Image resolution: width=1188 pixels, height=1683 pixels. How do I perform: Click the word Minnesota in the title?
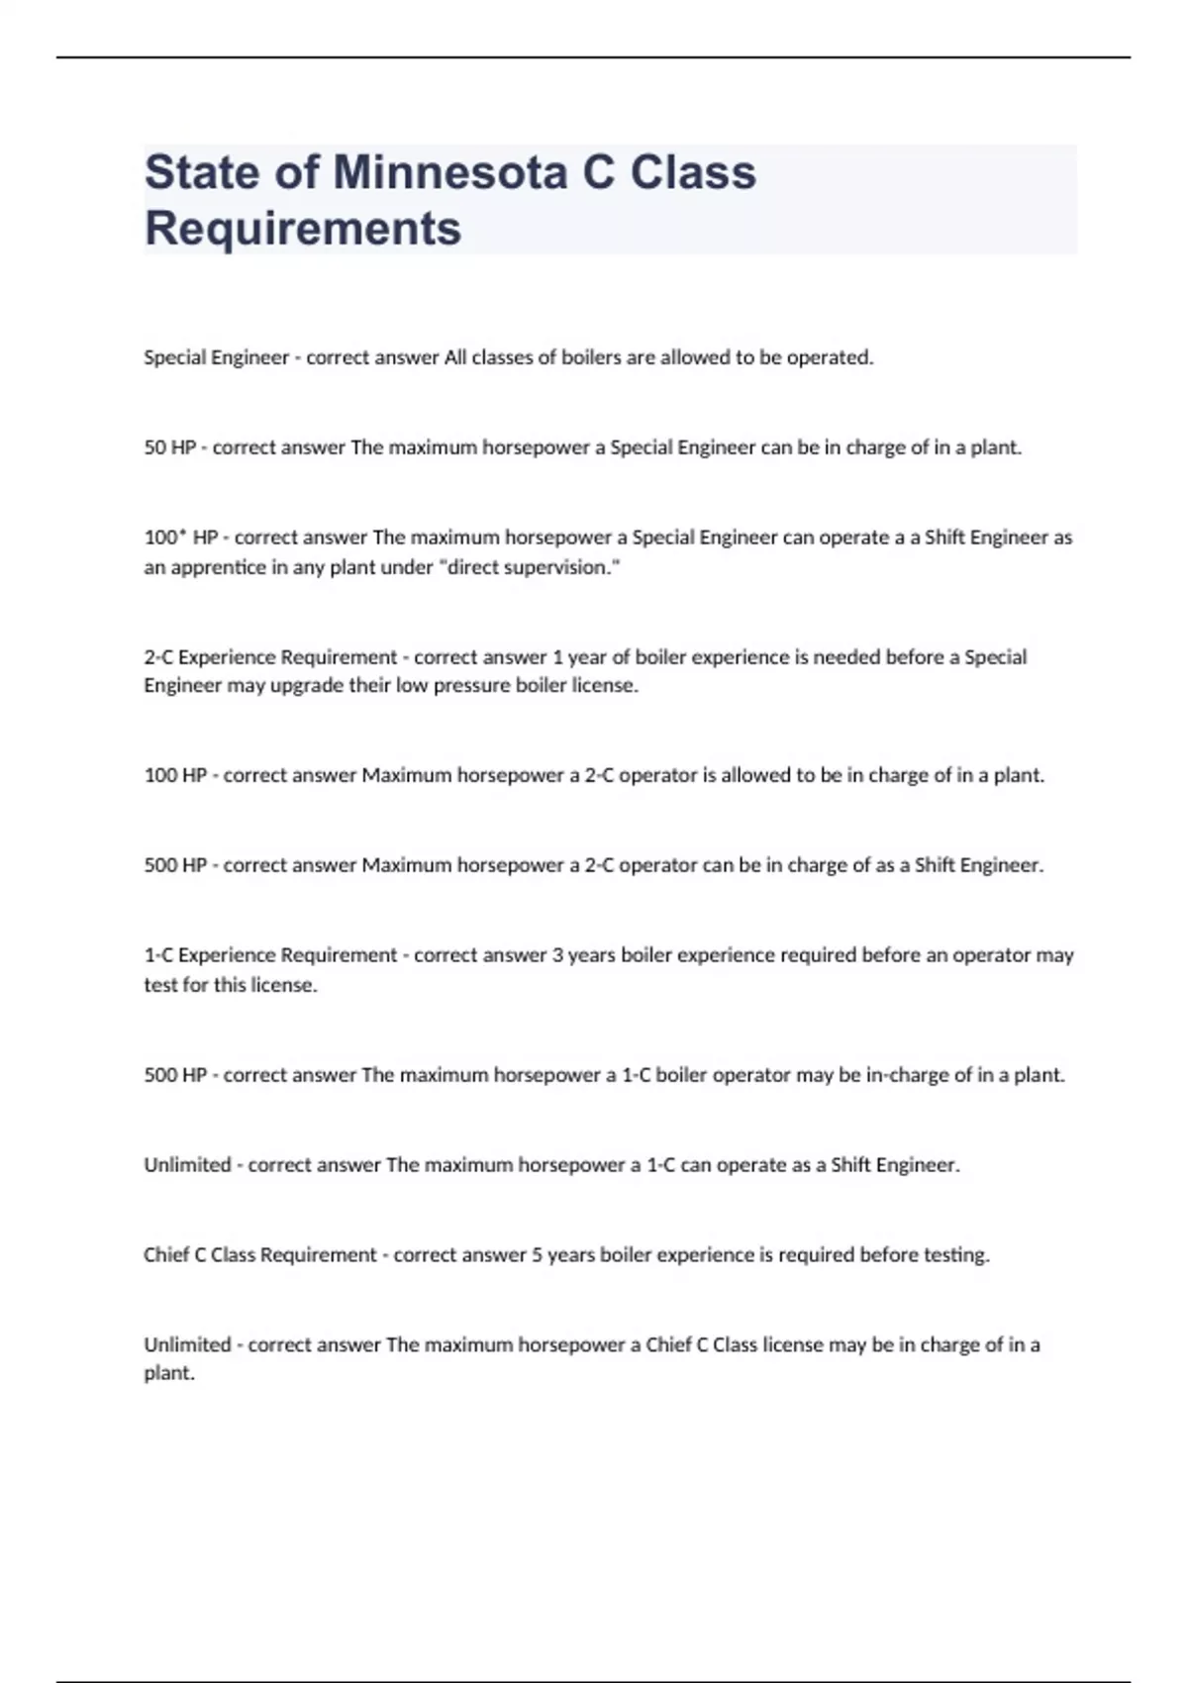(x=450, y=172)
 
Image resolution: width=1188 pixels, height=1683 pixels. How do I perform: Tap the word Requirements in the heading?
(x=303, y=229)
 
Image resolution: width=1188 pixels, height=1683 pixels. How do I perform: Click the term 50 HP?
(x=170, y=447)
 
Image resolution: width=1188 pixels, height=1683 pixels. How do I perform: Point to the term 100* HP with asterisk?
(x=181, y=538)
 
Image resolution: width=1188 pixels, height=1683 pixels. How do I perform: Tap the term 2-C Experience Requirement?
(x=270, y=657)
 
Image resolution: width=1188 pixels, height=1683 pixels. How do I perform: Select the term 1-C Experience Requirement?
(x=270, y=955)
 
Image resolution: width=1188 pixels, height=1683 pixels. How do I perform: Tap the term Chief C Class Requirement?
(x=260, y=1255)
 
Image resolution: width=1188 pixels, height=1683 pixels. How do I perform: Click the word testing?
(x=955, y=1255)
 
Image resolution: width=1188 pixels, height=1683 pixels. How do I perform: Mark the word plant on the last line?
(x=168, y=1374)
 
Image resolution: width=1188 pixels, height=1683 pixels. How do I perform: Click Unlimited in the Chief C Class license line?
(x=187, y=1345)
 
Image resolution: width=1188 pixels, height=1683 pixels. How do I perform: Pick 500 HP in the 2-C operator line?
(x=175, y=865)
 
